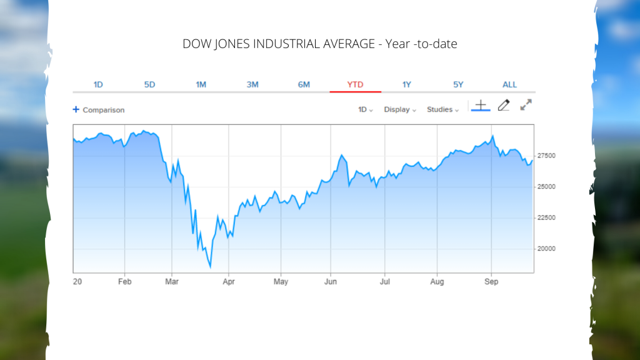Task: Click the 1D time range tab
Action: [98, 84]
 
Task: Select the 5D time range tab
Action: [149, 84]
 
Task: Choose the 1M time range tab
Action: [201, 84]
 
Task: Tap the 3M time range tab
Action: [252, 84]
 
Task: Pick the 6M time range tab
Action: [304, 84]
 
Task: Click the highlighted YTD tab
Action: [355, 84]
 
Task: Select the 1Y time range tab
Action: [407, 84]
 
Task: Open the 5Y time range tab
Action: [458, 84]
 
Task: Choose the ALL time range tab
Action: [509, 84]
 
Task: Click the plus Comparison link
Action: [99, 110]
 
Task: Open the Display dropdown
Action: [399, 110]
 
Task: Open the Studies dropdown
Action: [442, 110]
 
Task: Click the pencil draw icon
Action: [503, 106]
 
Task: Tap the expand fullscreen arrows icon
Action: [526, 105]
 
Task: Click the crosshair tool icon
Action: [480, 106]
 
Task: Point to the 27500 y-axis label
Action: [546, 156]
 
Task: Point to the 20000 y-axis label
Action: [546, 249]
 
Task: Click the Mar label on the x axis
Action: [172, 282]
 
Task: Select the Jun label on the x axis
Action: [331, 282]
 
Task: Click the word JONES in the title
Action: [237, 44]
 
